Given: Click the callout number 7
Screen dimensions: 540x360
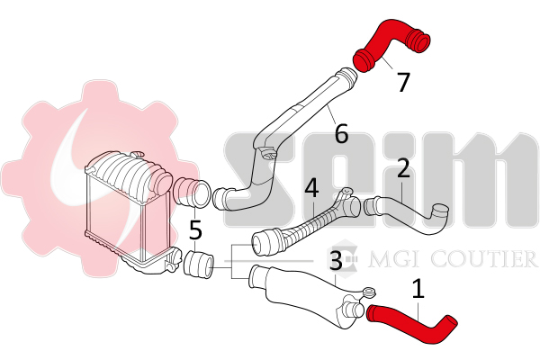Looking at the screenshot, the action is point(403,82).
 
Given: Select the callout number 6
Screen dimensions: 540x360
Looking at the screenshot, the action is point(341,133).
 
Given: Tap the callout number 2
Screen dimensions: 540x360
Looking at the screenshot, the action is point(403,167).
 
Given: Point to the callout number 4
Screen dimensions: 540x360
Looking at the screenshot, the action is point(312,188).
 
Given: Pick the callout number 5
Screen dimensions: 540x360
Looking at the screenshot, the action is point(195,229).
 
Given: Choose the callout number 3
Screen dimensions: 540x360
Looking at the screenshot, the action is point(336,260).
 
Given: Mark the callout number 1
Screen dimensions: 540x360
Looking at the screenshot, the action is point(418,289).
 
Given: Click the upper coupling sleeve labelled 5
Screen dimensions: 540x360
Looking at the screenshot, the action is point(192,193).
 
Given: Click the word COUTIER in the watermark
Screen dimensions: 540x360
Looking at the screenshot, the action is point(485,259).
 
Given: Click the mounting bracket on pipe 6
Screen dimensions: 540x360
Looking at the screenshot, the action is point(267,153).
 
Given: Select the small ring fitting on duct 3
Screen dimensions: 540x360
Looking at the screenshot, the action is point(369,292).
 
